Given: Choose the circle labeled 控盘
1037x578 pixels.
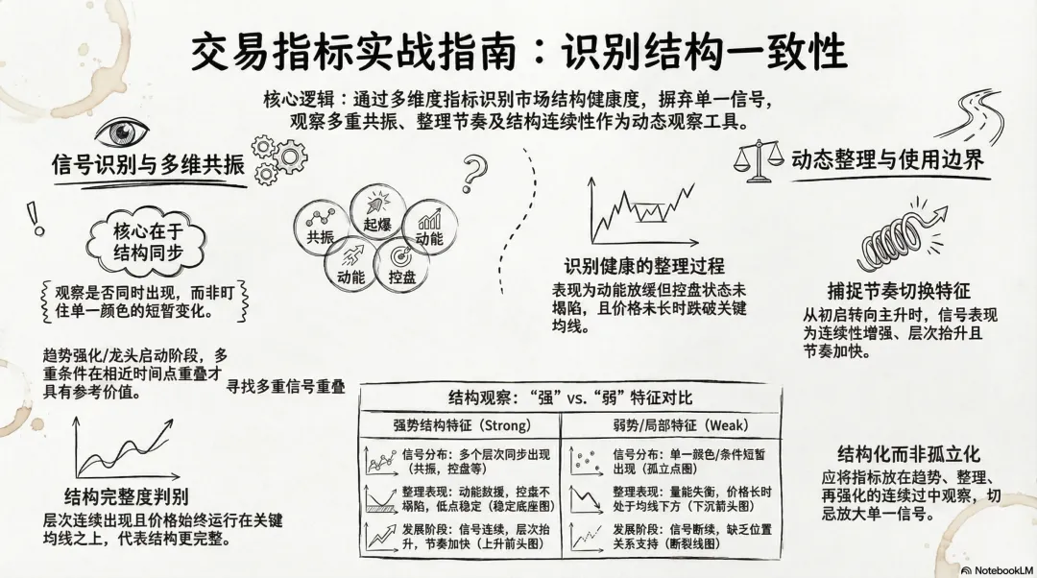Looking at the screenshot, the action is (401, 264).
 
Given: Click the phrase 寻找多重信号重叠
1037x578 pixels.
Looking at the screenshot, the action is (285, 387).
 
